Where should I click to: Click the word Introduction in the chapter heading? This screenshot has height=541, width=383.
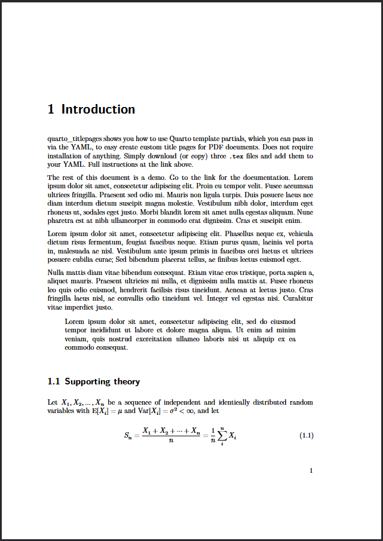pos(98,109)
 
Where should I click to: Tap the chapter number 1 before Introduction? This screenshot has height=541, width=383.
pos(51,109)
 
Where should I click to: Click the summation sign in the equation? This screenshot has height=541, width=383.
pos(222,436)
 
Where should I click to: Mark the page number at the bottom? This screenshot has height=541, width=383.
pos(311,471)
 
